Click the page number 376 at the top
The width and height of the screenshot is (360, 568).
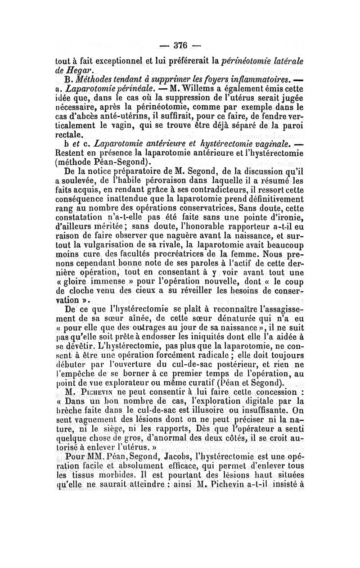point(180,46)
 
